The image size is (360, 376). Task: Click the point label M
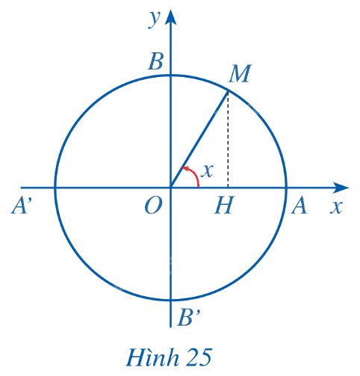coord(240,73)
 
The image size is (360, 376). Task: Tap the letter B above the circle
coord(156,61)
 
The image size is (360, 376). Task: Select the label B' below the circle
coord(188,318)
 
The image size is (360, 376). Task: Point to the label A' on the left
coord(22,205)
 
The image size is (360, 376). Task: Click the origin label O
coord(154,206)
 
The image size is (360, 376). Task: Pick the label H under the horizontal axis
coord(224,205)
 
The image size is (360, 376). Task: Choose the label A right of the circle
coord(299,205)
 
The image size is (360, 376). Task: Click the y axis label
coord(155,19)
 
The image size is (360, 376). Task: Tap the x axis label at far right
coord(336,207)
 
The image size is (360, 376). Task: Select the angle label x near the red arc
coord(207,171)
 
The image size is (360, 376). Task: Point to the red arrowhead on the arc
coord(185,169)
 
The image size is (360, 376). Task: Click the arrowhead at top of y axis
coord(170,17)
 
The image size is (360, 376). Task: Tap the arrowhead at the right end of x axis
coord(341,188)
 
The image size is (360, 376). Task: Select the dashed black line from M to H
coord(228,140)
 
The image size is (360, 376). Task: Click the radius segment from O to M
coord(199,140)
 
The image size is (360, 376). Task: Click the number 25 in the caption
coord(199,357)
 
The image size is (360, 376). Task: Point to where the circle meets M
coord(228,92)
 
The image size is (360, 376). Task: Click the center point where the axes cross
coord(170,188)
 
